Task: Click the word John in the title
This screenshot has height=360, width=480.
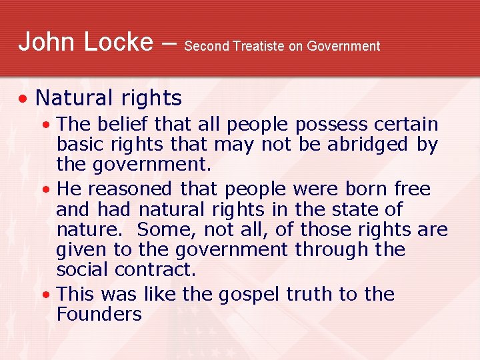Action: pyautogui.click(x=45, y=41)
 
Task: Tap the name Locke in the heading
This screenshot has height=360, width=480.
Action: pyautogui.click(x=116, y=41)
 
